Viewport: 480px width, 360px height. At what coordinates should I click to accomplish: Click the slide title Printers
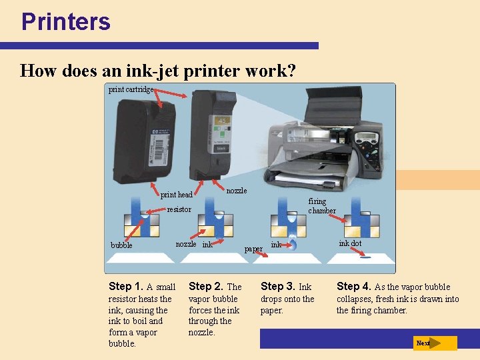coord(65,21)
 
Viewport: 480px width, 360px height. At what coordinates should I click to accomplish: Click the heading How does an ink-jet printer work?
coord(158,71)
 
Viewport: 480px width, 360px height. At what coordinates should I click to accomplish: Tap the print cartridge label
coord(131,89)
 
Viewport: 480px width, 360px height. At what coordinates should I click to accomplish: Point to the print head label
coord(176,195)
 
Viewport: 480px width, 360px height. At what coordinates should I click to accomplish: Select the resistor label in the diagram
coord(179,209)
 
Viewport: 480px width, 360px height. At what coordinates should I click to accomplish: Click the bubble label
coord(121,245)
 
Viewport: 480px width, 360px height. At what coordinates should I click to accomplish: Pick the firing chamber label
coord(321,206)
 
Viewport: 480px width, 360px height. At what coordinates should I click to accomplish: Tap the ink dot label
coord(350,243)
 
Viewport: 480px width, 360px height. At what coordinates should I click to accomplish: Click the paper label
coord(253,249)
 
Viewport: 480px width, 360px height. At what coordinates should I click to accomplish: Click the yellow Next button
coord(434,343)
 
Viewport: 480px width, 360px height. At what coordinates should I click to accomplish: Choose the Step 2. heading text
coord(207,287)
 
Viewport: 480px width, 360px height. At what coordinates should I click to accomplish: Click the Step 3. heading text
coord(277,287)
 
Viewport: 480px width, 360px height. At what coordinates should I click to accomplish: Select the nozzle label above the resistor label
coord(236,191)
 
